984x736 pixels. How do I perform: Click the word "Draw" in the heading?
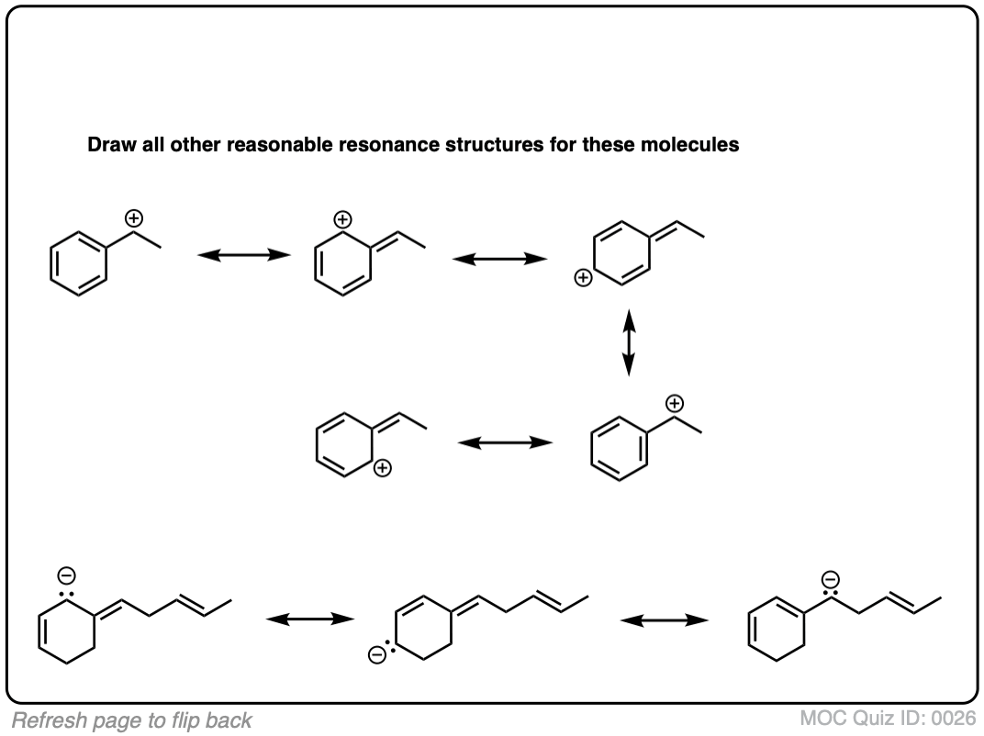point(107,145)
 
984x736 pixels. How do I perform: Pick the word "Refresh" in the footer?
point(46,720)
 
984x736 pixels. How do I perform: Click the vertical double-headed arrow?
point(629,342)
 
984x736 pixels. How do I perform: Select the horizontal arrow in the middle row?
point(506,443)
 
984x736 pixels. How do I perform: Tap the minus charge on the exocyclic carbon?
point(830,578)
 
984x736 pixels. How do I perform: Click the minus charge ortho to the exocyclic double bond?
point(68,574)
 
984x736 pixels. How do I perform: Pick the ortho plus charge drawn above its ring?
point(341,219)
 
